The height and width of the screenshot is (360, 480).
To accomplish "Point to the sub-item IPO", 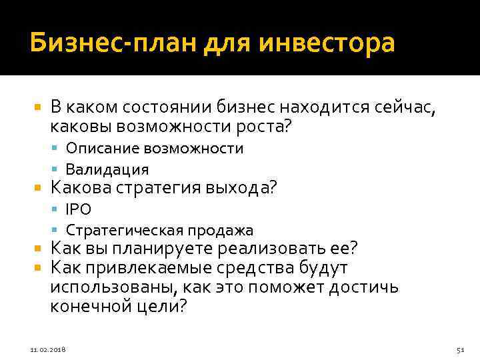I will tap(78, 209).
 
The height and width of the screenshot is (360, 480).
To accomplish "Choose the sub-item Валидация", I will tap(107, 169).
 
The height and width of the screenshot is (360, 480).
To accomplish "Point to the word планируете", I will tap(158, 249).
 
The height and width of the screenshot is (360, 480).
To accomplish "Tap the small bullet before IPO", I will tap(58, 209).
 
